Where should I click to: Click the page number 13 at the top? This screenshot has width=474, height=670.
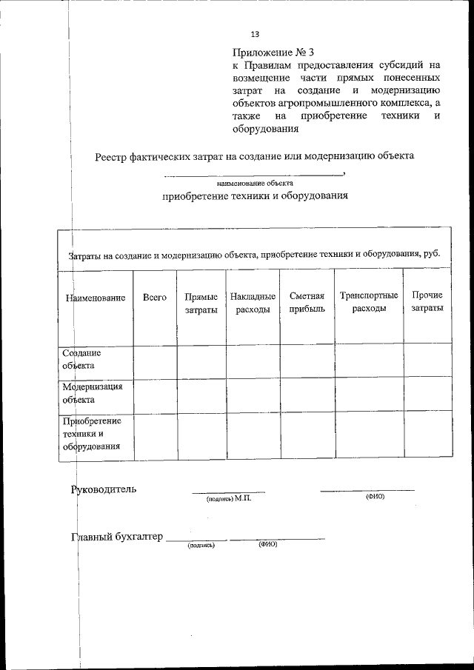pos(255,34)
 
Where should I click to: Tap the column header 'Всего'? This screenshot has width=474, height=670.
pos(154,297)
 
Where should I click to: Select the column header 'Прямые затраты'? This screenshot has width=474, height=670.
pos(201,304)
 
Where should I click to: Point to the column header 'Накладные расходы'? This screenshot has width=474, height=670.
pos(253,303)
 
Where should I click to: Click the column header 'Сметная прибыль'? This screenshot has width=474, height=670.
pos(307,303)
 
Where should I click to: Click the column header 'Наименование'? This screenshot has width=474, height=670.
pos(95,298)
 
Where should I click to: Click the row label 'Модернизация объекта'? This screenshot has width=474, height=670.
pos(92,392)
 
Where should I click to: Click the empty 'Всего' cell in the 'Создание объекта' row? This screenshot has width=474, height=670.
pos(154,360)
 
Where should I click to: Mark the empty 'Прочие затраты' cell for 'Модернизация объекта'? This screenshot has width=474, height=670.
pos(427,393)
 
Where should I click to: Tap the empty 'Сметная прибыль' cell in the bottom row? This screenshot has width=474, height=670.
pos(307,435)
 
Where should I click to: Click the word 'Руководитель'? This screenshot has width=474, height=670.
pos(103,489)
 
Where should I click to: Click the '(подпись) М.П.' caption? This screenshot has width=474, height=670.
pos(229,499)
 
